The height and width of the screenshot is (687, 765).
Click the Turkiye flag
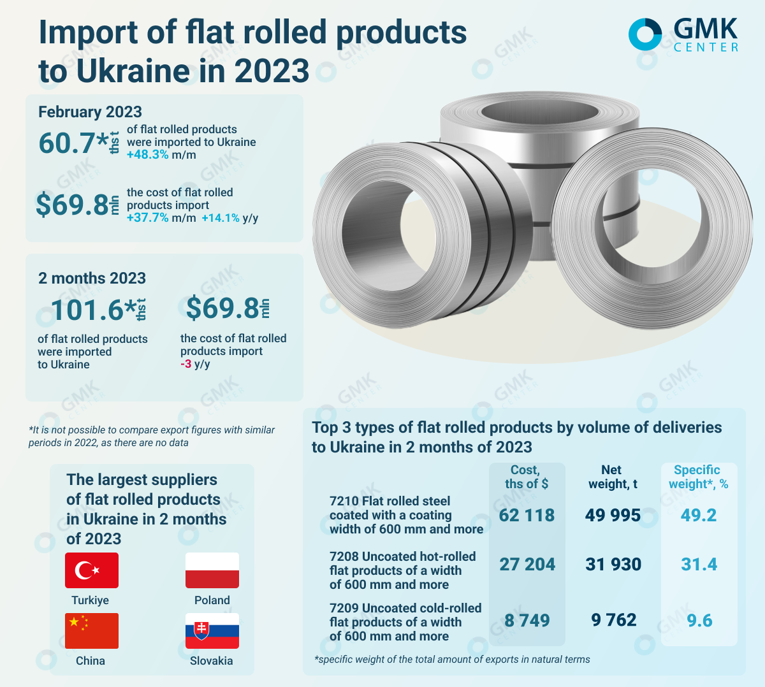pos(92,570)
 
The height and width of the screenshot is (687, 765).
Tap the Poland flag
pos(212,570)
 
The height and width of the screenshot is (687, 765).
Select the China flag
pos(92,630)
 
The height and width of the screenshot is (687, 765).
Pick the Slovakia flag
pos(212,630)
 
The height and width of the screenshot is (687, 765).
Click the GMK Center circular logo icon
pos(645,34)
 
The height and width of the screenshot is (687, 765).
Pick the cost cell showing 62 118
pos(527,515)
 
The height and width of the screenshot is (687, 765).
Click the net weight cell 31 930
pos(613,565)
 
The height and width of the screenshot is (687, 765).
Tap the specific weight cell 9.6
pos(699,621)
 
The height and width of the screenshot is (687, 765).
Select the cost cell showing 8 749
pos(527,621)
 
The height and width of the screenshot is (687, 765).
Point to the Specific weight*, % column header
pos(698,477)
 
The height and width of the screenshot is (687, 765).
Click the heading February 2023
pos(90,112)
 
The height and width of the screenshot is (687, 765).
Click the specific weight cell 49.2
pos(699,515)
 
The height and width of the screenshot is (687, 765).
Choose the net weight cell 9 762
pos(613,620)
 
